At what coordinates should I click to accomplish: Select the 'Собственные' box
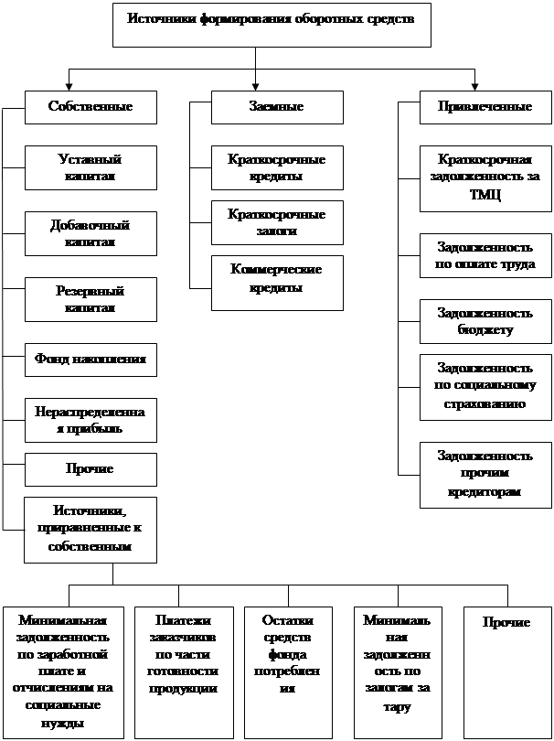click(x=91, y=107)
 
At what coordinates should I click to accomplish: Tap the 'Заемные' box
click(x=276, y=107)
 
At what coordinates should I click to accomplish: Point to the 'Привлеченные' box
click(x=485, y=107)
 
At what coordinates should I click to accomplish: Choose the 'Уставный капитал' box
click(x=91, y=167)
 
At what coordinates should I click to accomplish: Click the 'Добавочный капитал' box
click(x=91, y=233)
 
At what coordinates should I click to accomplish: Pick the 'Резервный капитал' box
click(x=91, y=299)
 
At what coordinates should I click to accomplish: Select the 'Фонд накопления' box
click(x=91, y=360)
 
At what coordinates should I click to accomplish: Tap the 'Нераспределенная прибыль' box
click(x=91, y=420)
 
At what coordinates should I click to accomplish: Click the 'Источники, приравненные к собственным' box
click(x=91, y=529)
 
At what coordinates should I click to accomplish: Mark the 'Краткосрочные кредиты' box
click(x=276, y=167)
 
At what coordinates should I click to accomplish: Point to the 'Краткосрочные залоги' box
click(x=276, y=222)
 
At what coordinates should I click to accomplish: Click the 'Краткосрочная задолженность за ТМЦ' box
click(x=485, y=177)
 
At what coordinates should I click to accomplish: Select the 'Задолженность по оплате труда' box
click(x=485, y=256)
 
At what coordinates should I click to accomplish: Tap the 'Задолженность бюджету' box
click(x=485, y=321)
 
